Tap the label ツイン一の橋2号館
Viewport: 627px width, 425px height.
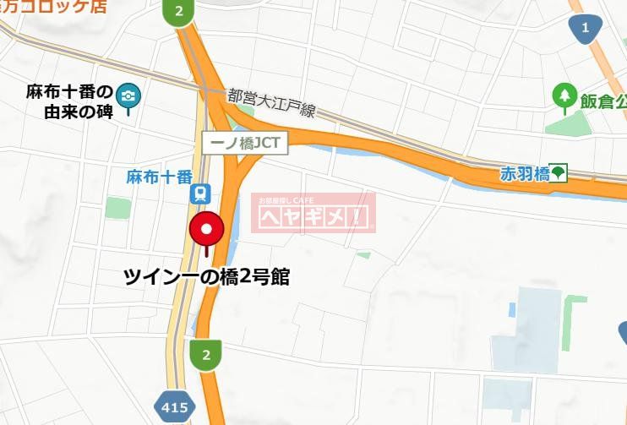pos(207,276)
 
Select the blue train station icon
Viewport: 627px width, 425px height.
pos(200,194)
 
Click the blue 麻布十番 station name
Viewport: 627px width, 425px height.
pos(159,177)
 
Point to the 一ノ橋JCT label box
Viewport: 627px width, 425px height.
pos(245,143)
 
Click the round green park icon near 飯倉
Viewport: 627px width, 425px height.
pos(564,96)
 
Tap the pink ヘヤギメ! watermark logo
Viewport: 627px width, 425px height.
pos(313,215)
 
